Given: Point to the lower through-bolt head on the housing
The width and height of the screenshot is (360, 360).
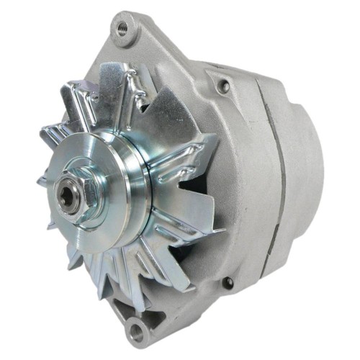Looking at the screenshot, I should [228, 283].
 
